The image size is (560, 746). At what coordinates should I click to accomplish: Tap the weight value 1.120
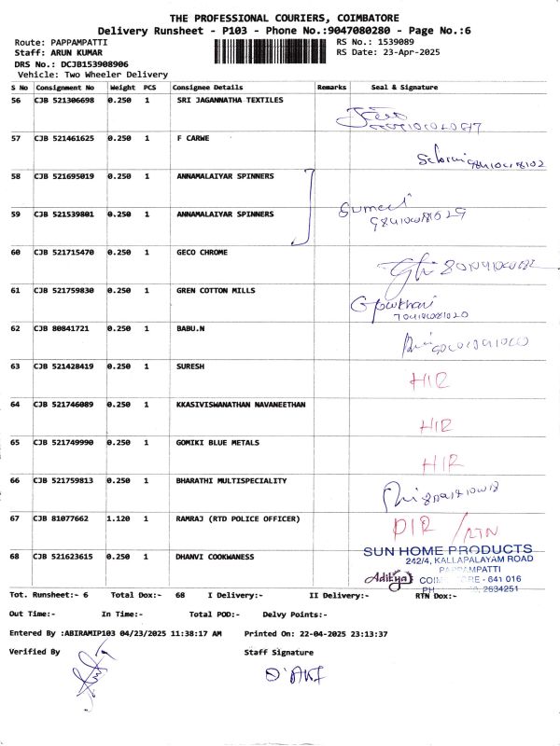point(119,518)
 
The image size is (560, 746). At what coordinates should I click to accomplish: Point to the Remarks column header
point(331,88)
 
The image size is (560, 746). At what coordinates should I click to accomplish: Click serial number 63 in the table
point(16,366)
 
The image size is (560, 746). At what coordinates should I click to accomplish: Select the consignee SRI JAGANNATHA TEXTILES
point(230,100)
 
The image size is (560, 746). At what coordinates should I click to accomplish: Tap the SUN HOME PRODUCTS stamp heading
point(448,550)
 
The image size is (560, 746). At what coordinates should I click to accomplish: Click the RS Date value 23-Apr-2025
point(414,52)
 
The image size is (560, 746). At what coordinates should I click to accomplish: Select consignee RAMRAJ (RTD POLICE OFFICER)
point(238,518)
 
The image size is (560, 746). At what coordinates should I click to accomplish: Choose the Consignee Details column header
point(208,88)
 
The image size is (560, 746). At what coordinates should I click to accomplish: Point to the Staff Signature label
point(279,653)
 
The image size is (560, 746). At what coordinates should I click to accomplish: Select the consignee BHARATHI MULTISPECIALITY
point(231,480)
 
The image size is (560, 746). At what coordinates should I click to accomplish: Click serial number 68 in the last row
point(16,557)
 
